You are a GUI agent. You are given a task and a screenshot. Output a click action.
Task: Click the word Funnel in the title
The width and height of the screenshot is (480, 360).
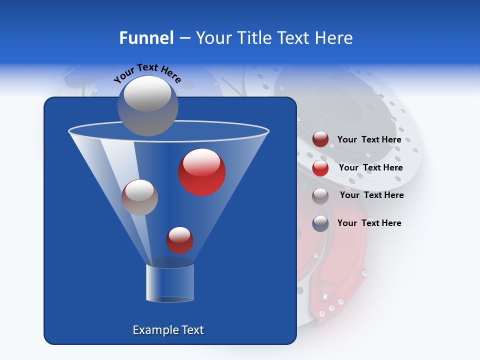[x=146, y=38]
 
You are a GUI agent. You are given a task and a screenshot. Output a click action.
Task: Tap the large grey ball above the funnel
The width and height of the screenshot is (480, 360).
[x=147, y=105]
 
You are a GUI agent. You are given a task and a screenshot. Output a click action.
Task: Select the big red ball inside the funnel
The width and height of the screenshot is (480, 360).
[x=202, y=172]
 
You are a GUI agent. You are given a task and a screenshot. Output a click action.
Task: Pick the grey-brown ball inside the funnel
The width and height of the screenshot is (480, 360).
[x=139, y=197]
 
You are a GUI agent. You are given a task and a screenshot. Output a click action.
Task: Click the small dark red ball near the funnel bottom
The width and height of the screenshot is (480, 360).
[x=179, y=240]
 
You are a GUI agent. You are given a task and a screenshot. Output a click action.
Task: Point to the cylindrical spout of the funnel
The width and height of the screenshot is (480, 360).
[x=170, y=282]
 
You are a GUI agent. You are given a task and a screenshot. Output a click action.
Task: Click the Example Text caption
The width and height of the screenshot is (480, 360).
[x=168, y=330]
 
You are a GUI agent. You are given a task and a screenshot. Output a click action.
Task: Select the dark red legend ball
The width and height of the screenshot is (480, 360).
[x=320, y=139]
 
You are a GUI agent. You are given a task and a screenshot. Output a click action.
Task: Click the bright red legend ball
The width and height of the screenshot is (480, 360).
[x=320, y=168]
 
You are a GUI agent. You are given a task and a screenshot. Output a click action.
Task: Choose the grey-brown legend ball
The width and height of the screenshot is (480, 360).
[x=320, y=196]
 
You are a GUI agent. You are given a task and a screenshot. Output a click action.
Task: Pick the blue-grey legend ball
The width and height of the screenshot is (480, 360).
[x=320, y=223]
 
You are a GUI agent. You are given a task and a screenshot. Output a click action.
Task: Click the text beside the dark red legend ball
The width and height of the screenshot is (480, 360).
[x=369, y=140]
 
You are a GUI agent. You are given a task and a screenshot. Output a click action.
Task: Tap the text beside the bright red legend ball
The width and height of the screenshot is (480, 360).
[x=370, y=168]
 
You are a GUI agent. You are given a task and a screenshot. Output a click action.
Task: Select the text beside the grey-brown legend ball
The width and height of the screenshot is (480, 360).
[x=371, y=195]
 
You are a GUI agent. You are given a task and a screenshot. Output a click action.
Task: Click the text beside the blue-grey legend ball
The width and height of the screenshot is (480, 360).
[x=369, y=223]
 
